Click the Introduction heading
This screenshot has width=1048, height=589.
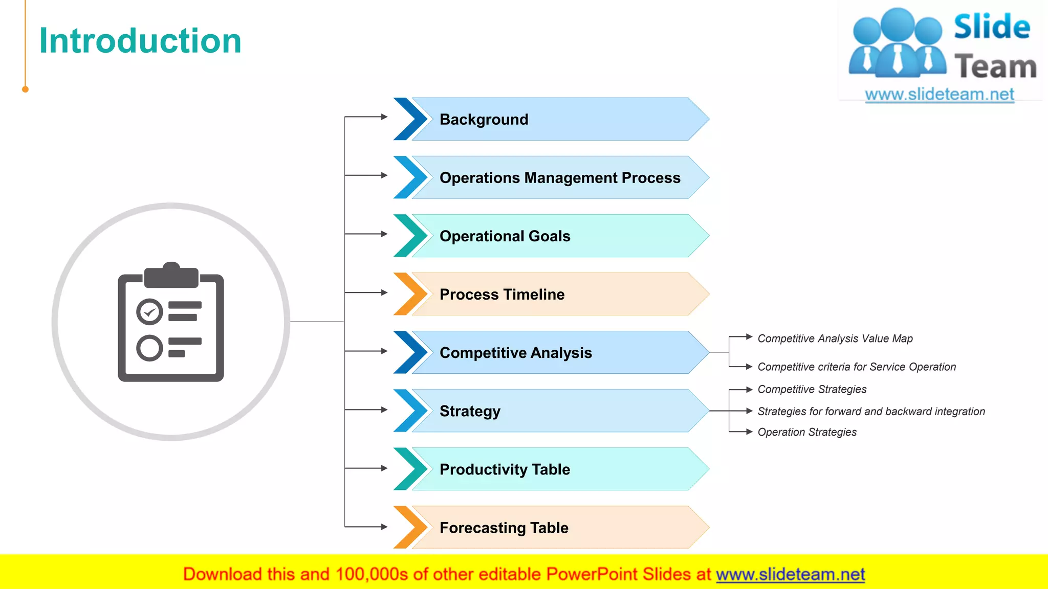click(140, 41)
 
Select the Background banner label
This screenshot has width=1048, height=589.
click(484, 119)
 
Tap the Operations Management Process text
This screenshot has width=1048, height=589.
click(560, 177)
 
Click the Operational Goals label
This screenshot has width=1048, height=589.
click(505, 236)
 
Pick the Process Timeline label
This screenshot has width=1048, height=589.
click(502, 294)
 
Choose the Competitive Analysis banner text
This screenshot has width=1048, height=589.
click(515, 352)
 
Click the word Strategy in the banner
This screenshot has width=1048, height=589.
click(470, 411)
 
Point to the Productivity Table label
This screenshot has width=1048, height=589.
click(505, 469)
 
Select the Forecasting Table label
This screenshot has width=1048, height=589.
click(504, 528)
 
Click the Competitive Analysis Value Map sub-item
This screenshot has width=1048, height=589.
click(835, 338)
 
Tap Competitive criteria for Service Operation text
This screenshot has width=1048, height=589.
click(856, 367)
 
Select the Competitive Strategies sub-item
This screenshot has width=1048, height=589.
click(812, 389)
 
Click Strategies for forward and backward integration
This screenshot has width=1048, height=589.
click(870, 411)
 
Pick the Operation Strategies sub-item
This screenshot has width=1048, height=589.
click(806, 432)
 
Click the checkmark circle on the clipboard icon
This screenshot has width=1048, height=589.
click(149, 312)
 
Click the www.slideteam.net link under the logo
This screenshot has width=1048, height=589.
click(939, 94)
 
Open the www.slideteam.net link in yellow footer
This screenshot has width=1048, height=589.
click(790, 574)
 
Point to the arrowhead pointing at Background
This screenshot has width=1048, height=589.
click(384, 117)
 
